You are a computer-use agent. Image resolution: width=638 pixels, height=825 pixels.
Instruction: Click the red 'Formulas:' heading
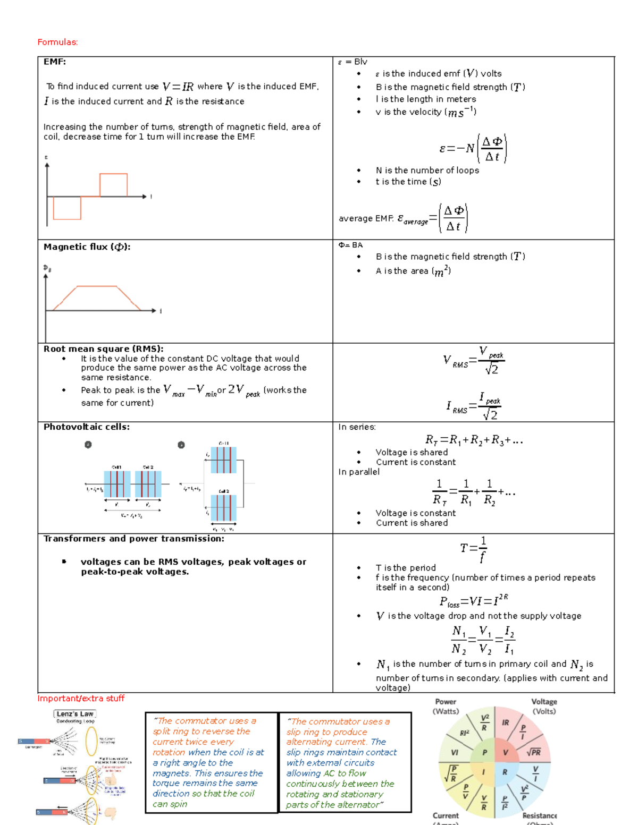pos(57,42)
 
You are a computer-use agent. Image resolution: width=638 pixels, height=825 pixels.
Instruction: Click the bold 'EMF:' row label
pos(55,62)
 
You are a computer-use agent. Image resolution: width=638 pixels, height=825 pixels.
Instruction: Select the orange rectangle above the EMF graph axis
pos(113,184)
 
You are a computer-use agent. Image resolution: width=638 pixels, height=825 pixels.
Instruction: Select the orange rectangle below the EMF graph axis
pos(67,208)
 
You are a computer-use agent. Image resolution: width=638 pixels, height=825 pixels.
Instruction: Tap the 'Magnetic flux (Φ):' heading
pos(87,246)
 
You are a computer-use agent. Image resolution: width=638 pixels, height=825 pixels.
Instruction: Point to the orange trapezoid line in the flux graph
pos(96,287)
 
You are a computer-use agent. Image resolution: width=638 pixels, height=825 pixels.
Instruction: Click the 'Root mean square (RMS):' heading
pos(103,349)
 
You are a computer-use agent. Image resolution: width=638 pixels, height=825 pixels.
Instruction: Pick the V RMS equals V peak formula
pos(473,361)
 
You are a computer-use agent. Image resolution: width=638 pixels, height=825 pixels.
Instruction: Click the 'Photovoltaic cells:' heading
pos(86,427)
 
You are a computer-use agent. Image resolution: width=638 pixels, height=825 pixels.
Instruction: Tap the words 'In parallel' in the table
pos(359,472)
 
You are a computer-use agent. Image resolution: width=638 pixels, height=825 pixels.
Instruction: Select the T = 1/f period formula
pos(473,549)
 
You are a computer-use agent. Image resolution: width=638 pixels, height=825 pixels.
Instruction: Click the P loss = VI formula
pos(473,601)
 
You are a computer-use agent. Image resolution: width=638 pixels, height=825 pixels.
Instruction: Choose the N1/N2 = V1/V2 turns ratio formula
pos(482,640)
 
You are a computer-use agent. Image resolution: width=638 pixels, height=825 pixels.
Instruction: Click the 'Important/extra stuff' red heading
pos(81,698)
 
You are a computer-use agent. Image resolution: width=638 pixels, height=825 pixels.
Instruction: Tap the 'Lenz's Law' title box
pos(75,714)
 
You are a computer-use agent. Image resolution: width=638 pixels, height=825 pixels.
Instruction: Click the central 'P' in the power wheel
pos(484,752)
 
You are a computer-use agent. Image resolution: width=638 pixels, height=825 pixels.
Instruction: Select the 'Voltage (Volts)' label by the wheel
pos(544,706)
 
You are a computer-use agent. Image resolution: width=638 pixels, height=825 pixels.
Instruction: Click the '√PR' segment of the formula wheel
pos(533,752)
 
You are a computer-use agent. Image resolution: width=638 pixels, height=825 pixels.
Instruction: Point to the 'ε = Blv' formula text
pos(353,62)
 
